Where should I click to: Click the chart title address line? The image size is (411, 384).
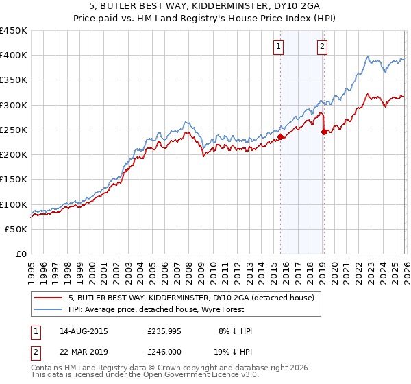205,6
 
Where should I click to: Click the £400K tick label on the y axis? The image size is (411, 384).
14,56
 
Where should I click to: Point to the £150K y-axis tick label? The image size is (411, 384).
14,180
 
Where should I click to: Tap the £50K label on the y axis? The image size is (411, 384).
16,229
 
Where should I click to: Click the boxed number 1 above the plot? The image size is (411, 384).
279,47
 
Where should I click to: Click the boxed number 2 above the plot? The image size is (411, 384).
321,47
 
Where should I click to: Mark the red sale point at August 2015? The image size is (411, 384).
281,137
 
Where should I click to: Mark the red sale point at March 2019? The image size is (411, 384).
324,132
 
